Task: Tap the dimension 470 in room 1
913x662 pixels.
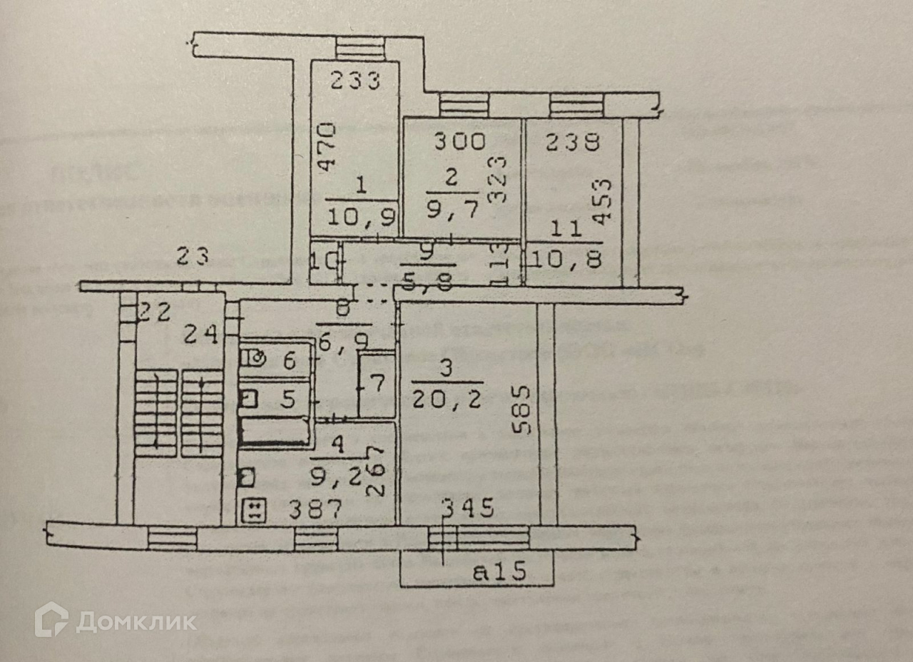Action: click(326, 148)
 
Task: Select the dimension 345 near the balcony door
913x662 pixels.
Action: click(468, 509)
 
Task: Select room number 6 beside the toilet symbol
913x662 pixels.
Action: click(289, 360)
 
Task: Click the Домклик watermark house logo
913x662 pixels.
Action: click(51, 619)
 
